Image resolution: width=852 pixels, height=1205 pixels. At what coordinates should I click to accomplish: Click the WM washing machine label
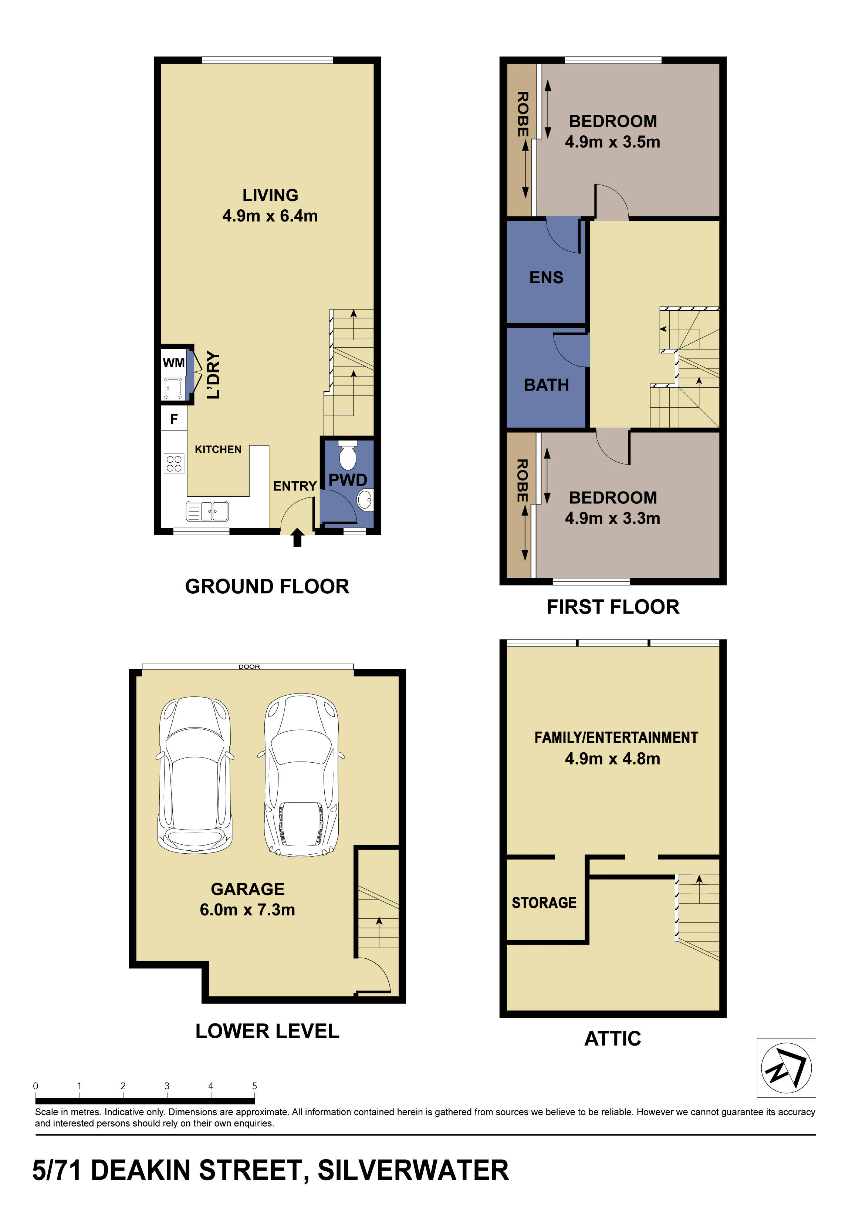(x=174, y=363)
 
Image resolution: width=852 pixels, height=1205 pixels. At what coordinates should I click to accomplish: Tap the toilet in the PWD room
(x=347, y=456)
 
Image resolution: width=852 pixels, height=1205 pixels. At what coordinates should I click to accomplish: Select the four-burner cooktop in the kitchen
(x=174, y=463)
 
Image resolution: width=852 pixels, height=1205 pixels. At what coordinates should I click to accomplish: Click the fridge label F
(x=174, y=419)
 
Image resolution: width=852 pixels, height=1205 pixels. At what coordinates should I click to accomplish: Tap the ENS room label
(x=546, y=277)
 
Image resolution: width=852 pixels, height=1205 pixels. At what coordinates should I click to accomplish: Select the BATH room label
(x=546, y=385)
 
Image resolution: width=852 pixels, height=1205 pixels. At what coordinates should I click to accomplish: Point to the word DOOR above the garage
(x=249, y=666)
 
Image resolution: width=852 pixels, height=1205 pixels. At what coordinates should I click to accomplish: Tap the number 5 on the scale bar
(x=254, y=1086)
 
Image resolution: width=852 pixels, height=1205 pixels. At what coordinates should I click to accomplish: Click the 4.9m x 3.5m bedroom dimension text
(x=612, y=142)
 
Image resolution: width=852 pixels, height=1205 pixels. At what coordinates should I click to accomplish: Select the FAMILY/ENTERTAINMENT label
(x=616, y=737)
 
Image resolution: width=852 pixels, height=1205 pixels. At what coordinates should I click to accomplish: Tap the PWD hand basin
(x=365, y=499)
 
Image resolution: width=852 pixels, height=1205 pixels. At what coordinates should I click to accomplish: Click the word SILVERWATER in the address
(x=413, y=1170)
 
